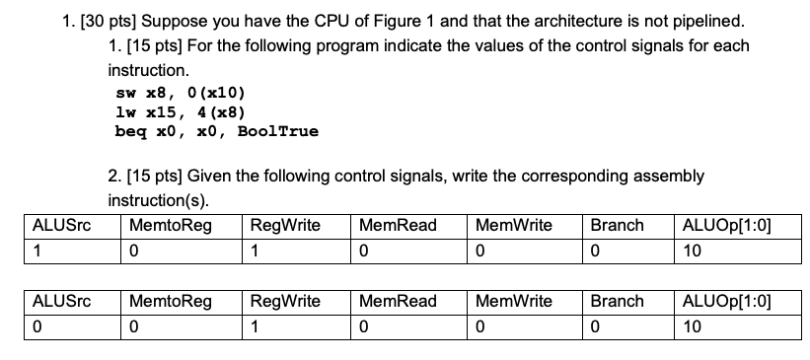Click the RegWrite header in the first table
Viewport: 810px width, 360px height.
pos(286,225)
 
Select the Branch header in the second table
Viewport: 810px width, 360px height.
pos(617,301)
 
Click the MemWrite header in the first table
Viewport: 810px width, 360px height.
pos(513,225)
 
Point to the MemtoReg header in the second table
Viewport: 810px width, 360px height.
pos(170,301)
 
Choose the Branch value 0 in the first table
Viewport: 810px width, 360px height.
pos(595,251)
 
